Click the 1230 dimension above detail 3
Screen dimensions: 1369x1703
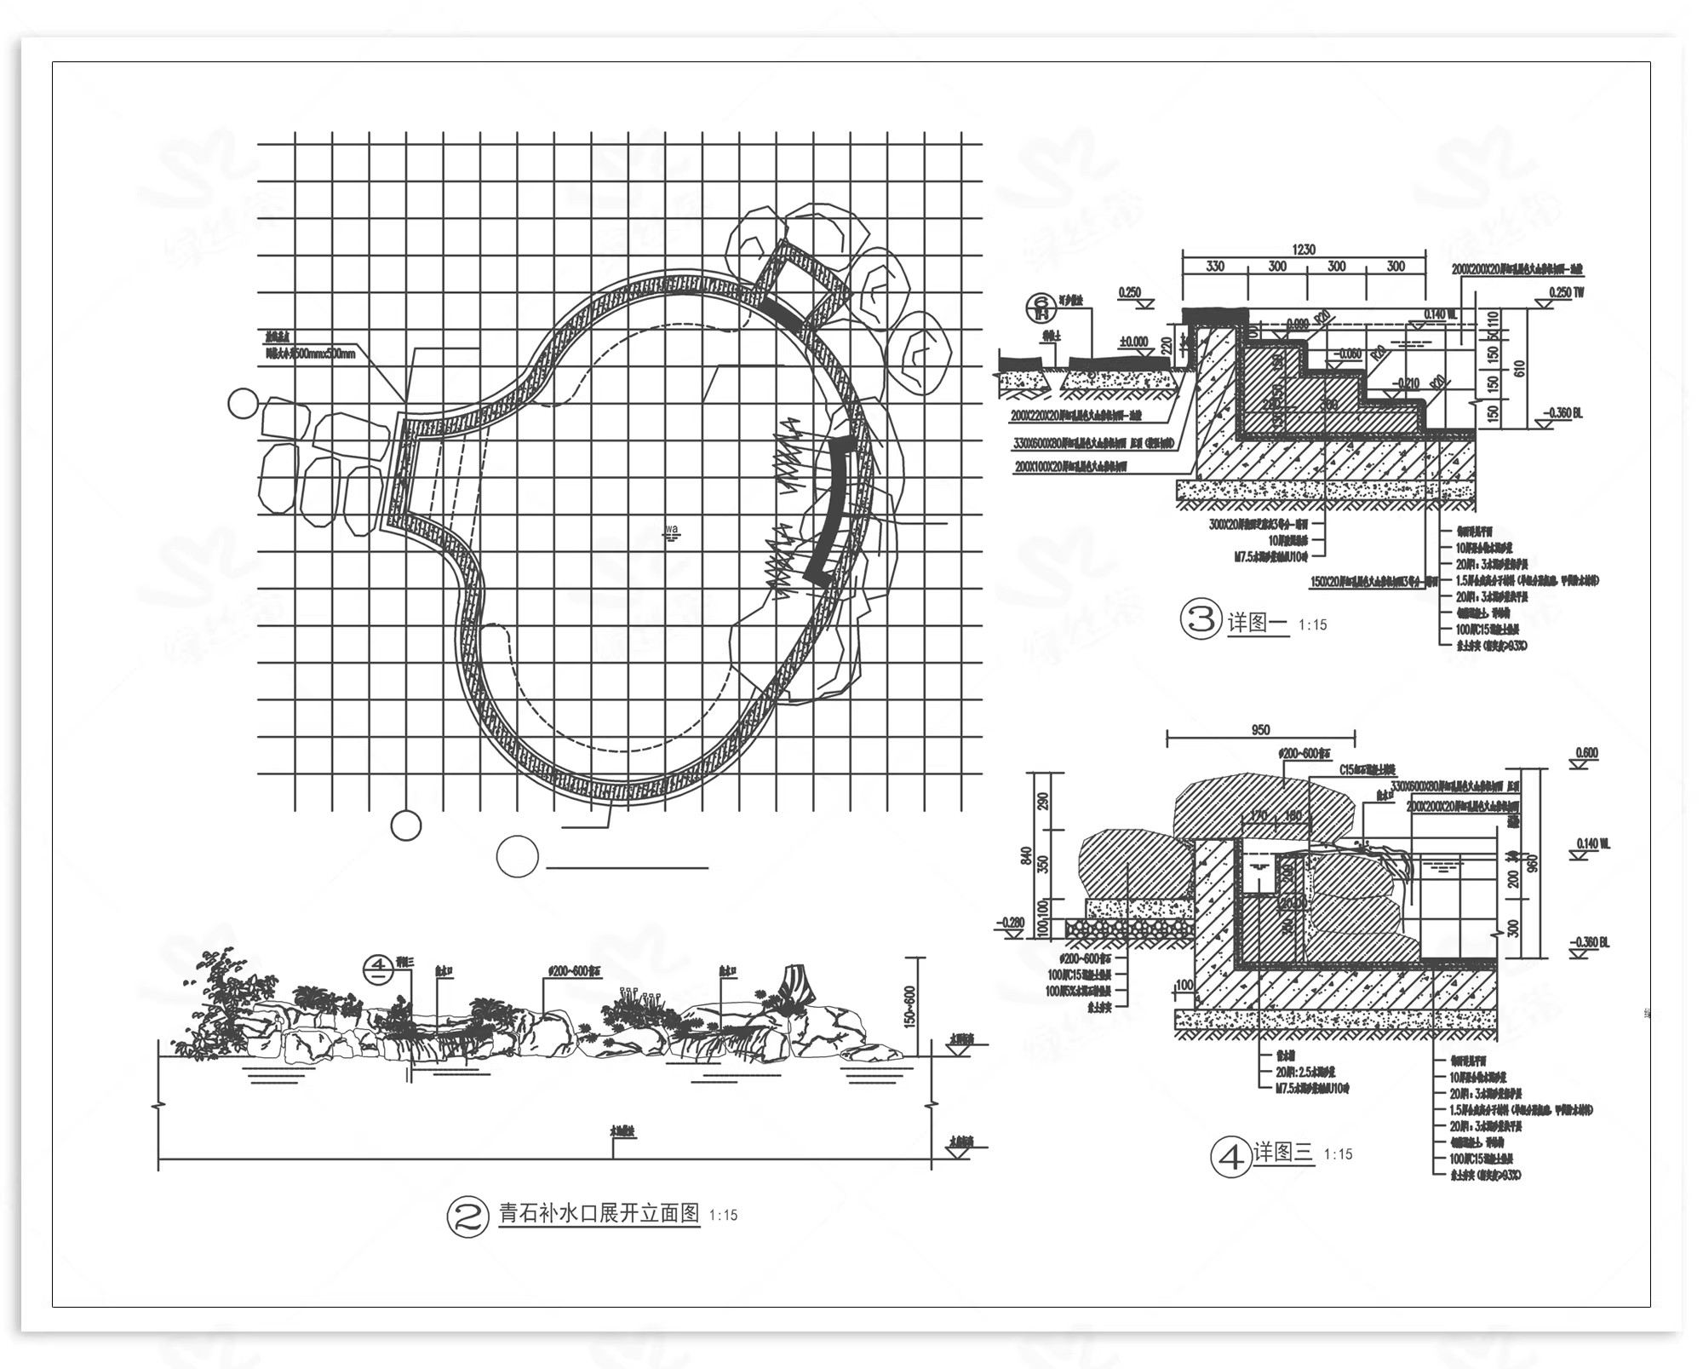coord(1303,250)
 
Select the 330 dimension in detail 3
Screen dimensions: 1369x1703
coord(1215,267)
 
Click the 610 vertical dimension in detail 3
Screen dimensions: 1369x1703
coord(1521,368)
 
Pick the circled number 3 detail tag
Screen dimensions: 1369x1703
coord(1201,619)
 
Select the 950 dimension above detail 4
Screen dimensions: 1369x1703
coord(1261,730)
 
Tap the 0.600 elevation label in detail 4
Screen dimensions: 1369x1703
coord(1587,753)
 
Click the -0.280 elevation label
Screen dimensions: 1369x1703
coord(1012,922)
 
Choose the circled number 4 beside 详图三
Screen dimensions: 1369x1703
coord(1230,1158)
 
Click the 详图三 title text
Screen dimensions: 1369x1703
coord(1283,1153)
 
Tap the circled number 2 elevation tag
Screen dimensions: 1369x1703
coord(467,1217)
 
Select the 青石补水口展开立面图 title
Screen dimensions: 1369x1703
coord(599,1213)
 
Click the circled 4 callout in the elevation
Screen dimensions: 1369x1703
coord(376,969)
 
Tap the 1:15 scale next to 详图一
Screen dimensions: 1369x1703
coord(1312,625)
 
